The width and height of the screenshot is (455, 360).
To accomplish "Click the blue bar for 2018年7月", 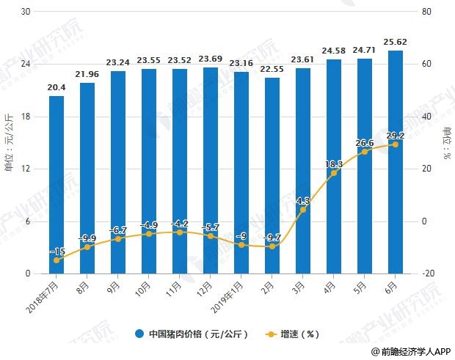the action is coord(57,185).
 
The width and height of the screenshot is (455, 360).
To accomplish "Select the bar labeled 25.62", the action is coord(396,162).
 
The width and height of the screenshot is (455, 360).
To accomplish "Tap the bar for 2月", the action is coord(272,176).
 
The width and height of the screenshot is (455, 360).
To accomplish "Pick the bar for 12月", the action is coord(211,170).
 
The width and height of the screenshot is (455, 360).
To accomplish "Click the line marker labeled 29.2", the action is coord(396,144).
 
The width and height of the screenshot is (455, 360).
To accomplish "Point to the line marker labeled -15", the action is coord(57,260).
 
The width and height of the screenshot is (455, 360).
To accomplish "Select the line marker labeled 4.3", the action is coord(303,210).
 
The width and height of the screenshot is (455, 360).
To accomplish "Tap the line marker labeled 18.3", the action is coord(334,173).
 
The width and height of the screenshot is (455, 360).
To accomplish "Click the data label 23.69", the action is coord(211,59).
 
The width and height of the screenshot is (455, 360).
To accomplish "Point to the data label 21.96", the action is coord(87,75).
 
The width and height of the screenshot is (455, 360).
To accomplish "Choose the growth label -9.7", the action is coord(272,238).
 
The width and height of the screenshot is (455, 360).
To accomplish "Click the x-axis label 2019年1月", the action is coord(227,298).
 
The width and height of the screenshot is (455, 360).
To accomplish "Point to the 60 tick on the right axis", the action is coord(426,64).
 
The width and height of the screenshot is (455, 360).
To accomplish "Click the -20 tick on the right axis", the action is coord(428,273).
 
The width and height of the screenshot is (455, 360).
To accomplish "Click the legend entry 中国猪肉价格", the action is coord(192,334).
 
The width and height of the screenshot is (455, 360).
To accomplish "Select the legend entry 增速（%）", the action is coord(292,334).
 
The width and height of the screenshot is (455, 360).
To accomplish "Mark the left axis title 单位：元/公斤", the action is coord(9,142).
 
